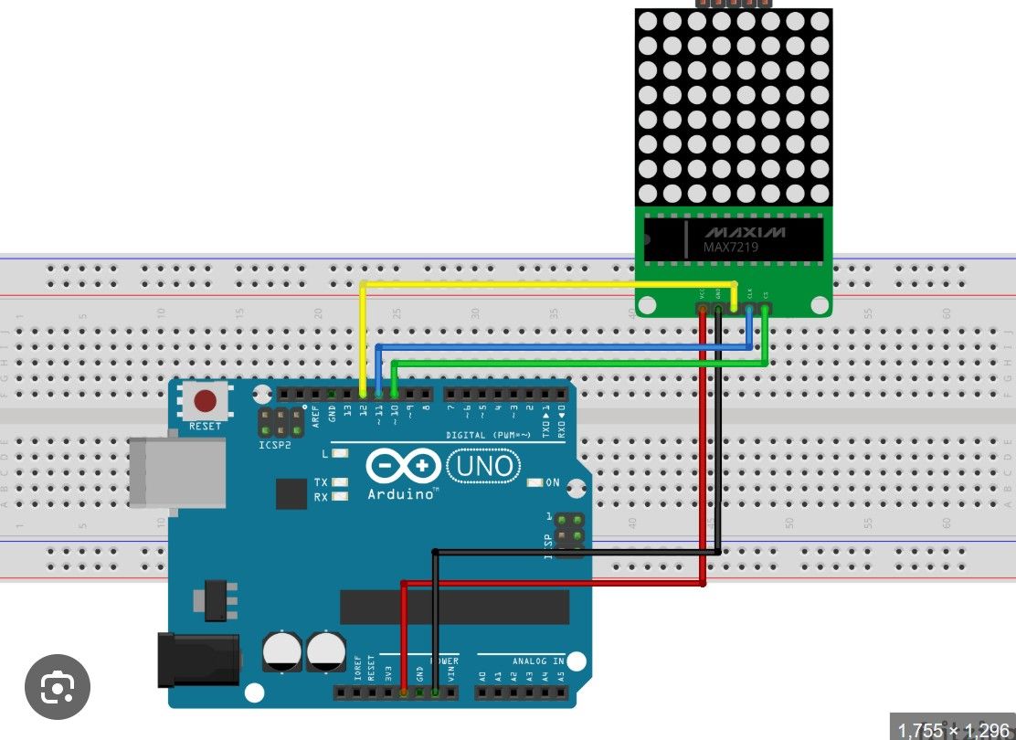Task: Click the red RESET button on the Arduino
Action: pyautogui.click(x=206, y=400)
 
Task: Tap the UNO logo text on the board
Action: pyautogui.click(x=483, y=467)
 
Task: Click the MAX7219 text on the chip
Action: pyautogui.click(x=730, y=247)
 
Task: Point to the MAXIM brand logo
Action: pyautogui.click(x=744, y=230)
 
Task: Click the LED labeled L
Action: pyautogui.click(x=340, y=453)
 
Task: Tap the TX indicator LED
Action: pyautogui.click(x=340, y=481)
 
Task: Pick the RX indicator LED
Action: pyautogui.click(x=340, y=497)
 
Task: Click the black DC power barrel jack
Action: pyautogui.click(x=197, y=660)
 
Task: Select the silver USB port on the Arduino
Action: pyautogui.click(x=176, y=471)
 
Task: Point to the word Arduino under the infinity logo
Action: pyautogui.click(x=403, y=494)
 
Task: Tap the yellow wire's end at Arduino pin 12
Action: pyautogui.click(x=364, y=394)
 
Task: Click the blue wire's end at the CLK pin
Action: pyautogui.click(x=750, y=311)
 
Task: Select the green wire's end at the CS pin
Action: pyautogui.click(x=766, y=311)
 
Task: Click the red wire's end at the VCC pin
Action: pyautogui.click(x=703, y=311)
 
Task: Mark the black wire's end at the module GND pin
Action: pyautogui.click(x=718, y=311)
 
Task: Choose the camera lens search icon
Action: pyautogui.click(x=57, y=684)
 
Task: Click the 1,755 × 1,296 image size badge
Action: pyautogui.click(x=954, y=730)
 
